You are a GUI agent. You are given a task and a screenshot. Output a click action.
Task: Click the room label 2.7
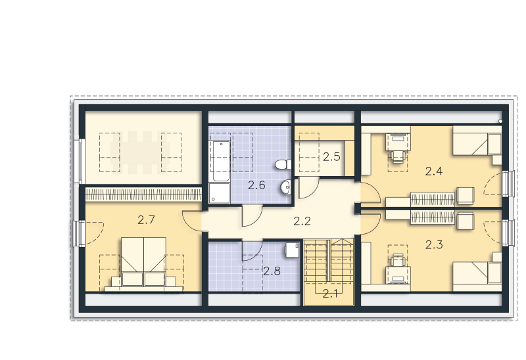click(x=146, y=220)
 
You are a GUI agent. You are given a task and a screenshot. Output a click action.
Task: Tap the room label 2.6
click(x=256, y=185)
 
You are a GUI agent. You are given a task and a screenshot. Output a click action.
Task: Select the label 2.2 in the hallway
click(x=302, y=221)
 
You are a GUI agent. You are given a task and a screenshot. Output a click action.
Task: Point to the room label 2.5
click(x=331, y=157)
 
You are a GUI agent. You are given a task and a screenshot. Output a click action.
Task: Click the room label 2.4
click(x=434, y=171)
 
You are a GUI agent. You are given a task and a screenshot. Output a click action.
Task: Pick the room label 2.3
click(x=434, y=244)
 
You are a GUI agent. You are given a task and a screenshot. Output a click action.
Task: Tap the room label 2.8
click(x=272, y=271)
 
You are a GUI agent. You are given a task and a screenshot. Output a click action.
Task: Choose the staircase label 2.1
click(x=331, y=294)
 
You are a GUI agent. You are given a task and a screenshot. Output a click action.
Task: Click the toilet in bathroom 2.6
click(x=283, y=165)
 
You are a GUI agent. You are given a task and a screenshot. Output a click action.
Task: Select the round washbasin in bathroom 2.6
click(x=285, y=187)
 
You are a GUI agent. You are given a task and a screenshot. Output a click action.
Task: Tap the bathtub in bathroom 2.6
click(x=220, y=161)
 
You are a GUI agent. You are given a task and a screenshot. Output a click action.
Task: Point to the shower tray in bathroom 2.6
click(x=220, y=193)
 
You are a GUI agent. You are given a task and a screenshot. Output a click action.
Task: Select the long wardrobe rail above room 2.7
click(x=143, y=194)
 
